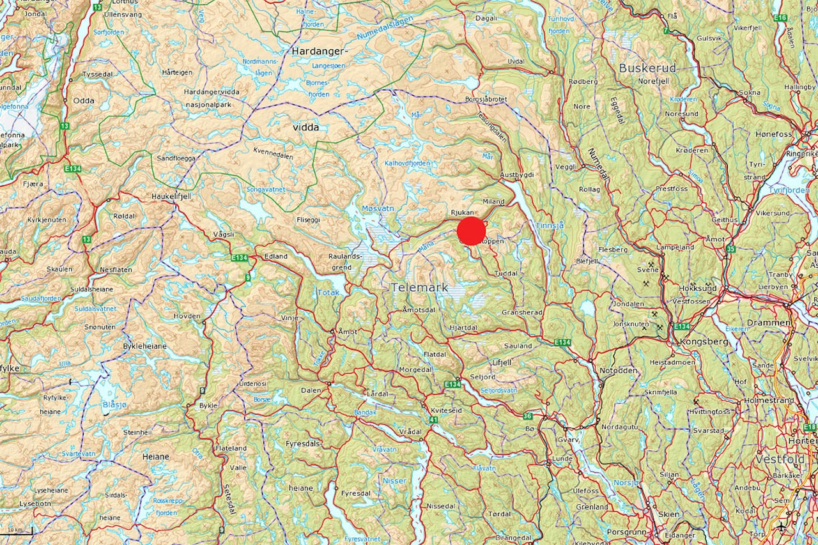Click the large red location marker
click(x=472, y=231)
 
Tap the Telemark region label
click(x=421, y=288)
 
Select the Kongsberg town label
click(x=706, y=342)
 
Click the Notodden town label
click(x=619, y=371)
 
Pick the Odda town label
click(x=84, y=101)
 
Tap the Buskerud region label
click(x=647, y=68)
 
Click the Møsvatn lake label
click(x=378, y=209)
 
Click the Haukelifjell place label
click(x=171, y=197)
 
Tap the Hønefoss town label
click(x=773, y=134)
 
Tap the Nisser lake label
click(x=394, y=480)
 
